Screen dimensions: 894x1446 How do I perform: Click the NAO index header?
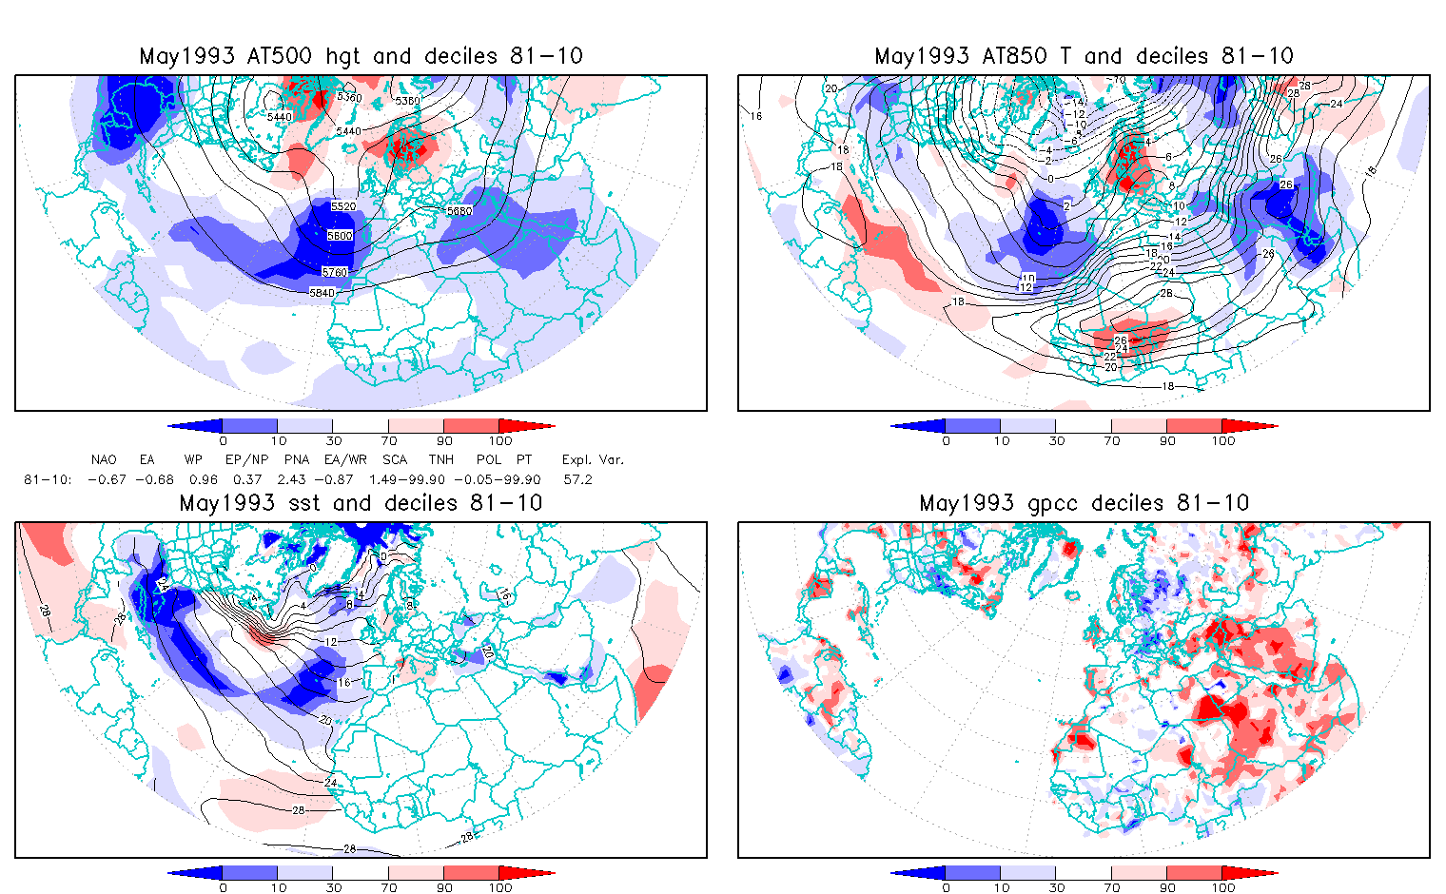(x=104, y=459)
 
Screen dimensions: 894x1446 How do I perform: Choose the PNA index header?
(x=297, y=459)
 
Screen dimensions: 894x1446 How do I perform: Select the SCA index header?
(x=395, y=459)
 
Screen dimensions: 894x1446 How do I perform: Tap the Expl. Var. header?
(x=593, y=459)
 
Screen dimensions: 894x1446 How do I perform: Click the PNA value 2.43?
(x=291, y=479)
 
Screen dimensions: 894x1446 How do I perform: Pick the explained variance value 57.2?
(x=577, y=479)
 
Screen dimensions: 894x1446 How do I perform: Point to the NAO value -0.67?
(x=107, y=479)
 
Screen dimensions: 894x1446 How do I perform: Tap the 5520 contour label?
(x=343, y=206)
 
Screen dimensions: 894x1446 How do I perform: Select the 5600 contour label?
(x=340, y=236)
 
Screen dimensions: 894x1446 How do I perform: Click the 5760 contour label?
(x=335, y=273)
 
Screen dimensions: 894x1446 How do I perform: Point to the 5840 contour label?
(x=322, y=293)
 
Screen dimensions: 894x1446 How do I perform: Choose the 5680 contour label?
(x=459, y=211)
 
